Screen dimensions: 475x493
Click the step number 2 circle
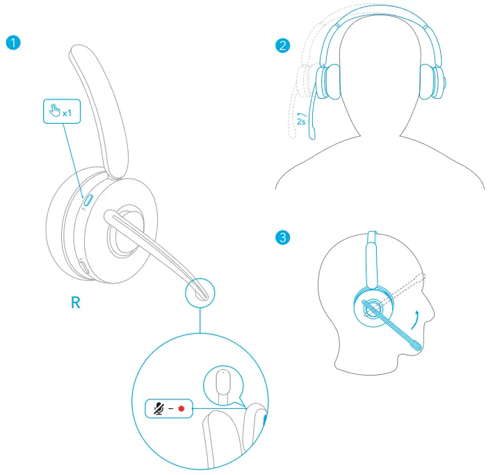[x=282, y=47]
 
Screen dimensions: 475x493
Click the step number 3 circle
[x=282, y=237]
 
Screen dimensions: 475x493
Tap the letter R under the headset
[x=76, y=303]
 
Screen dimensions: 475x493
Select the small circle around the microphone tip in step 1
[x=200, y=293]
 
